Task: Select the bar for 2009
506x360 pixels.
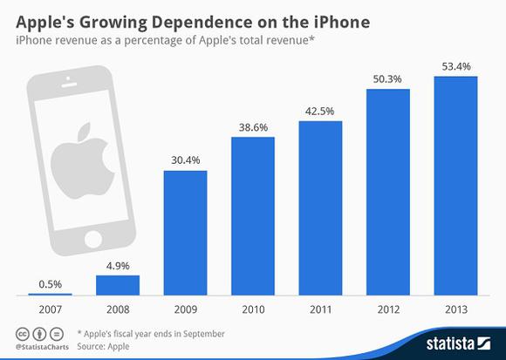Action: click(186, 233)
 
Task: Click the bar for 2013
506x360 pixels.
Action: click(455, 186)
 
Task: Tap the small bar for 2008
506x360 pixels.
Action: click(118, 285)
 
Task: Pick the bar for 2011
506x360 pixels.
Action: click(320, 208)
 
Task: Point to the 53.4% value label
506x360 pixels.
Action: click(456, 67)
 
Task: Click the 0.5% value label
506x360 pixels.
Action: click(50, 284)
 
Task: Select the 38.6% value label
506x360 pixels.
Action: click(253, 127)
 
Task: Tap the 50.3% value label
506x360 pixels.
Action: click(387, 79)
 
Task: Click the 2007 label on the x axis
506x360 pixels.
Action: click(50, 309)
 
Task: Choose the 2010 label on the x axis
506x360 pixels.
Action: click(253, 309)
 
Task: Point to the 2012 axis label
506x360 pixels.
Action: click(388, 309)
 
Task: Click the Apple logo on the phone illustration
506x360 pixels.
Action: click(83, 160)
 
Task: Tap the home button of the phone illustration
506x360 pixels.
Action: click(93, 240)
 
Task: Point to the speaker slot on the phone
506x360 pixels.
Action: click(69, 85)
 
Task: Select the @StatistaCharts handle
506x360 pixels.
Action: click(42, 347)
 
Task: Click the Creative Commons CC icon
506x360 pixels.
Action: click(23, 334)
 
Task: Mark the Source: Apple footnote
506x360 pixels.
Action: click(103, 346)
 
